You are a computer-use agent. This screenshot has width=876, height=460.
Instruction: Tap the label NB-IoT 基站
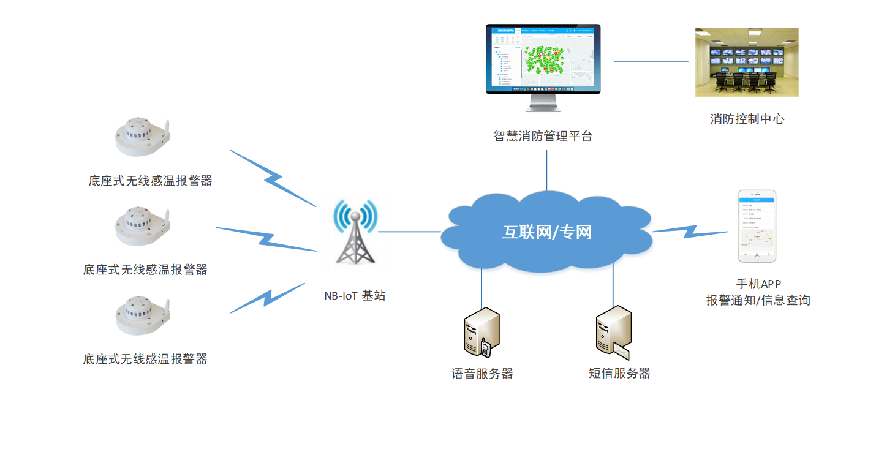[355, 295]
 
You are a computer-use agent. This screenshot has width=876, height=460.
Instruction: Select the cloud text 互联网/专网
[547, 232]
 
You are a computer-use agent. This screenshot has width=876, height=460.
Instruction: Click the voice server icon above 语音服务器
[482, 332]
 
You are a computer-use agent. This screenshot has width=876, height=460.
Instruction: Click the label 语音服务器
[482, 374]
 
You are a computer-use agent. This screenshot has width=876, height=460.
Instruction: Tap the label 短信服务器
[619, 373]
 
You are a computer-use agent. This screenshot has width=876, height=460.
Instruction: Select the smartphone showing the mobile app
[757, 227]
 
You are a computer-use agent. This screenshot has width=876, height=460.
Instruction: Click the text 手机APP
[758, 284]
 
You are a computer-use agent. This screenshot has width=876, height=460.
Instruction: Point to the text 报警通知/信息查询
[758, 301]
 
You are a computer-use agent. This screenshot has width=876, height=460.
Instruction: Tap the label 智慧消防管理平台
[543, 137]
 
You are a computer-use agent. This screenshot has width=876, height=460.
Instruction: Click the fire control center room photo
[747, 62]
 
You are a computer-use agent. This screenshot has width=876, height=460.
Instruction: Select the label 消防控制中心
[747, 119]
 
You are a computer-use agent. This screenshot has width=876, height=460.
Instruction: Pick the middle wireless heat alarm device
[142, 226]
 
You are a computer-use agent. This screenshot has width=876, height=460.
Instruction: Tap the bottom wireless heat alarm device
[142, 315]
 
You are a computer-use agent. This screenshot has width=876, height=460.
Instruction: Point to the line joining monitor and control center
[651, 61]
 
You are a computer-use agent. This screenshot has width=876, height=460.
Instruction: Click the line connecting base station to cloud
[409, 232]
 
